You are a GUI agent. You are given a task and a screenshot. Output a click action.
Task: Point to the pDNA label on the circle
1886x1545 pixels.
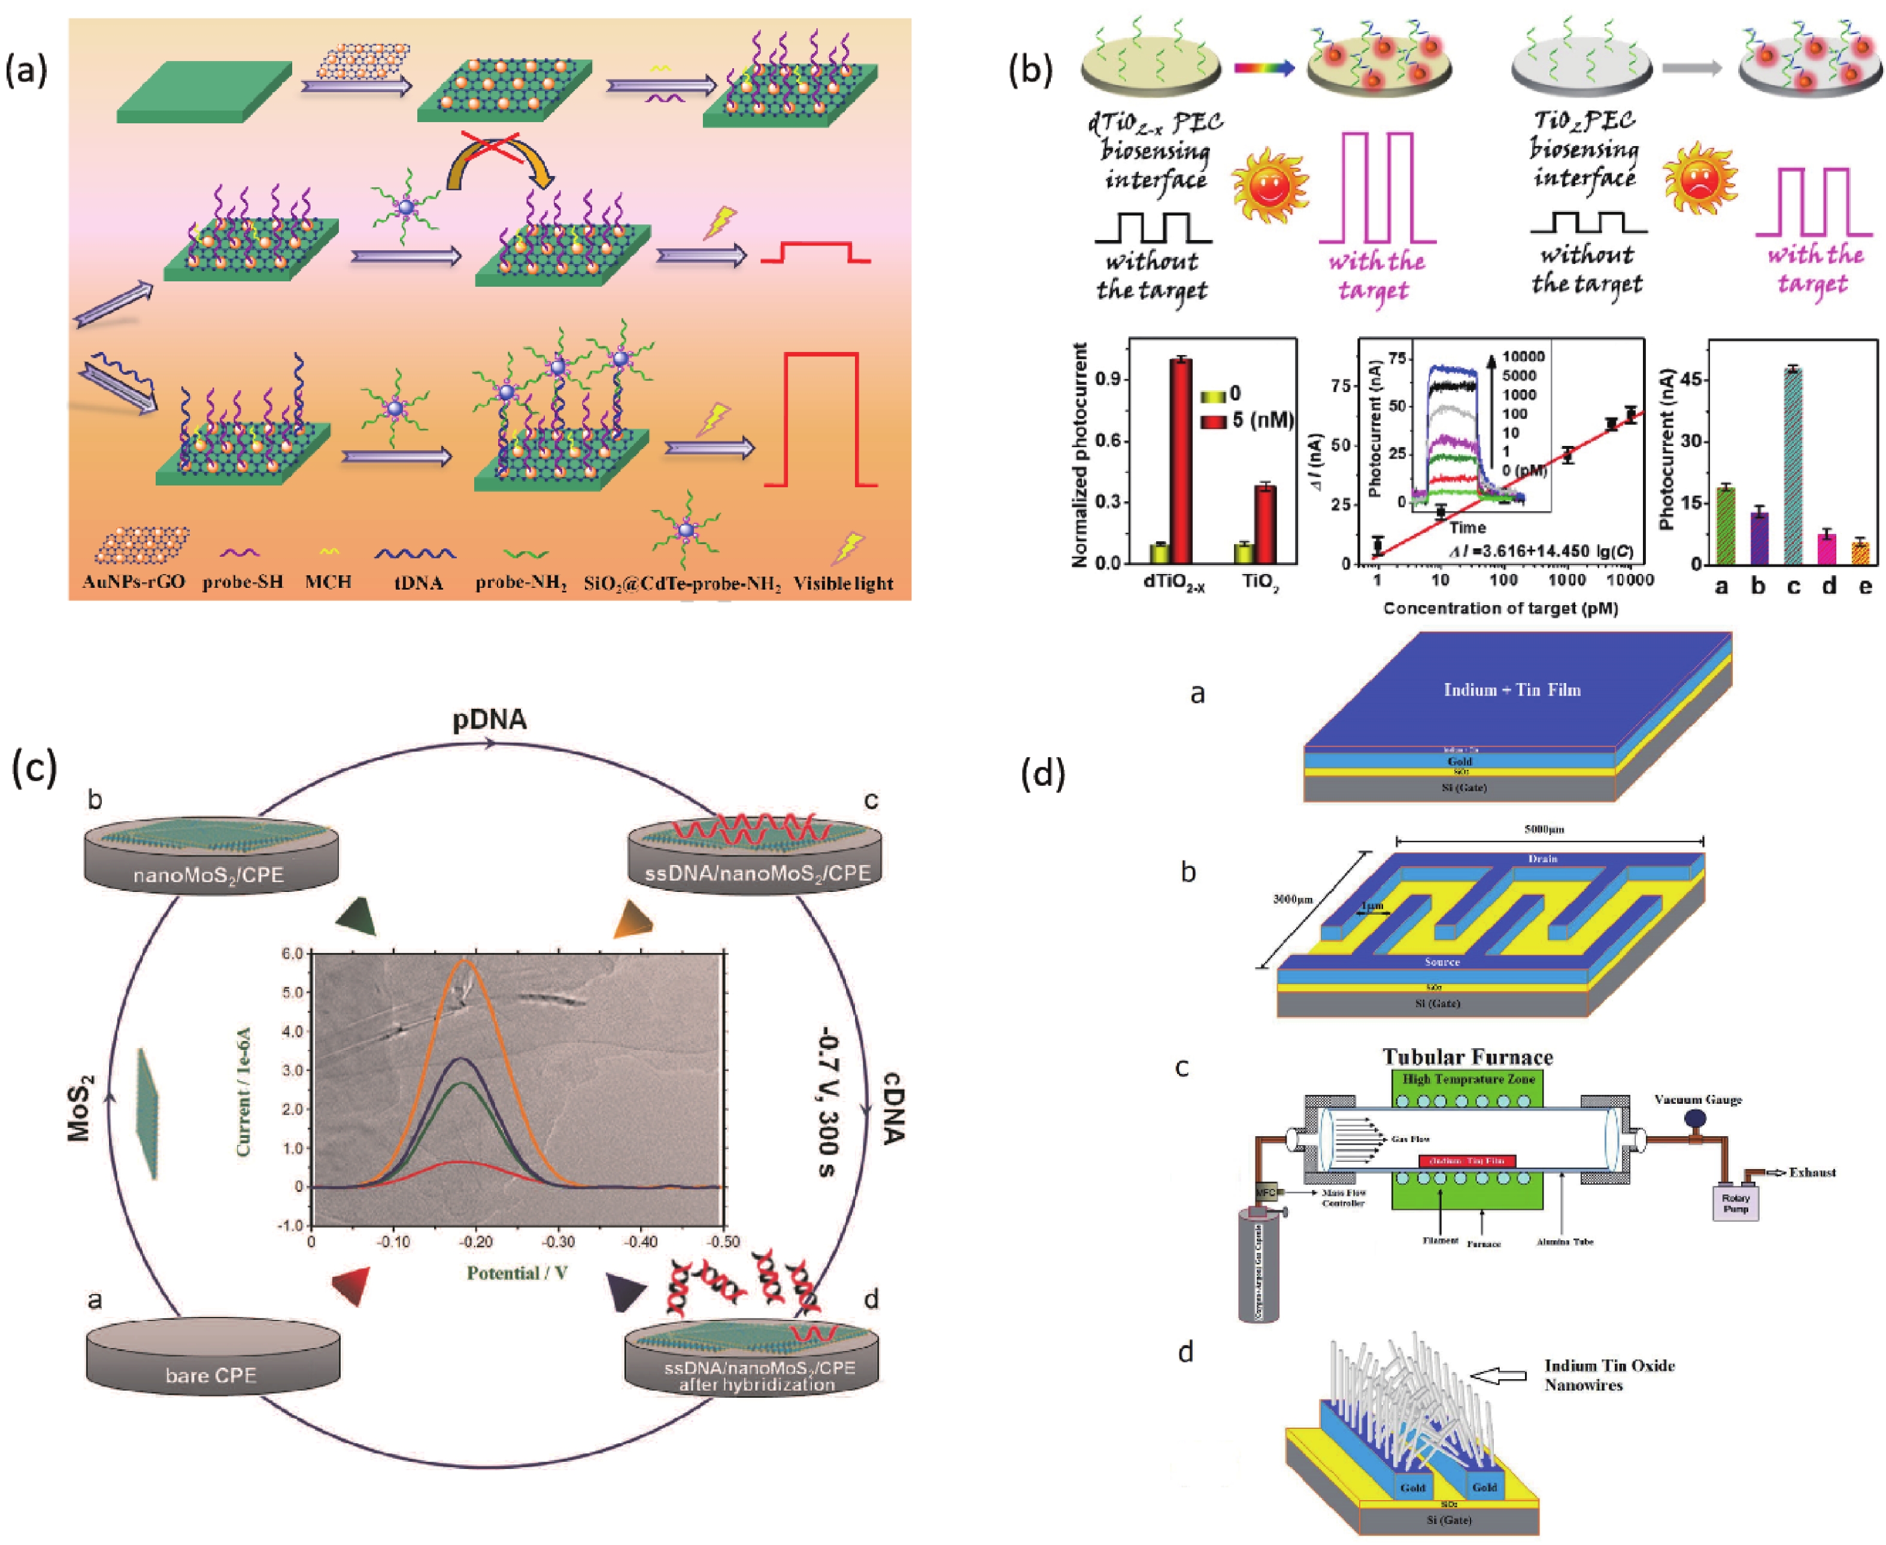coord(490,719)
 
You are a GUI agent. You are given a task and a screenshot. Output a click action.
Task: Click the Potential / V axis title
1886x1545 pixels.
coord(517,1273)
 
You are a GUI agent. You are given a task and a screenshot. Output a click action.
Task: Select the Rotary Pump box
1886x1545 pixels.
coord(1736,1203)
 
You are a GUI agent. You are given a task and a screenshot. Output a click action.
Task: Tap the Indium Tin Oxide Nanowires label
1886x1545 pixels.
coord(1609,1375)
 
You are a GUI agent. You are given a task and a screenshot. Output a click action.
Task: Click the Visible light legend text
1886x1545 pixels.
coord(843,584)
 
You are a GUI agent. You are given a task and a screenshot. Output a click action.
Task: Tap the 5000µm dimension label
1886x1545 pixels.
coord(1544,830)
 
